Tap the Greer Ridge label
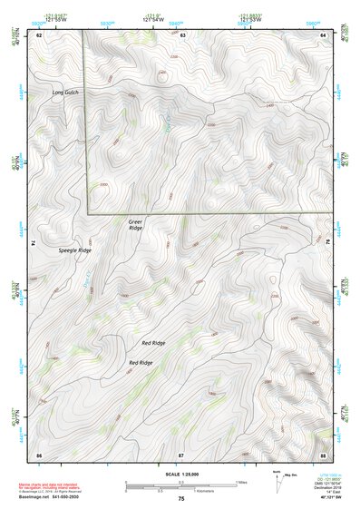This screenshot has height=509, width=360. (135, 224)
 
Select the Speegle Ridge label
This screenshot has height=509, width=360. (74, 250)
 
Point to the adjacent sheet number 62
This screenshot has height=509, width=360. (39, 34)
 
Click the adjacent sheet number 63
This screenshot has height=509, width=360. (182, 34)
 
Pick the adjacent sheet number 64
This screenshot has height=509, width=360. (324, 34)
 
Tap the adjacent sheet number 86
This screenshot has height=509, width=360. (39, 453)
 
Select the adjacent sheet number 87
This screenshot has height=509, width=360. (181, 453)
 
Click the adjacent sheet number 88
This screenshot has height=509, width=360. (324, 453)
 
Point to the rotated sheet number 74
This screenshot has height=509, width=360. (34, 243)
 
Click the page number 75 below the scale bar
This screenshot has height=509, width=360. (181, 499)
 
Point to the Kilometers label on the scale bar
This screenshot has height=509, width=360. (211, 491)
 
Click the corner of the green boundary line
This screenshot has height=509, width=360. (88, 213)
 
